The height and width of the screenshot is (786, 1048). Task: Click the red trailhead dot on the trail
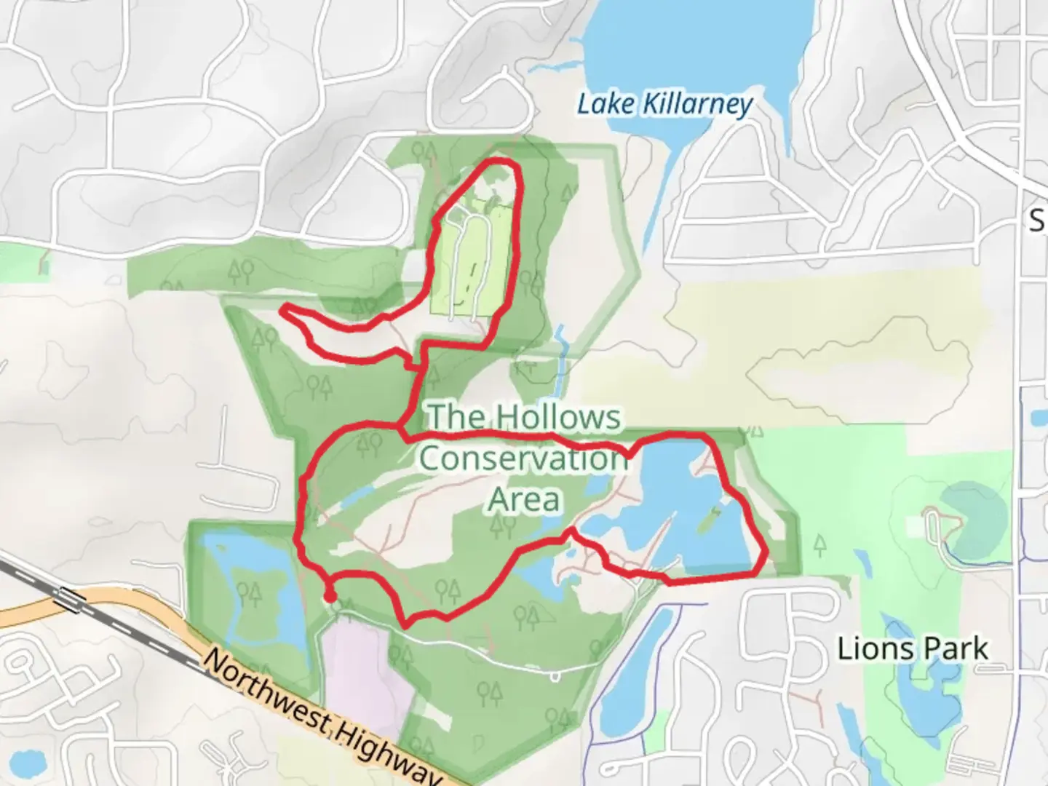[330, 597]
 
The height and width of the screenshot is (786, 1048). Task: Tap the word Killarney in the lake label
[696, 104]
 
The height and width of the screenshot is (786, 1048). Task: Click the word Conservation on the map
[523, 458]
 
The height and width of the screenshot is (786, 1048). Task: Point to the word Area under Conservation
[524, 499]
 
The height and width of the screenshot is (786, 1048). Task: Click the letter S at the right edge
[1038, 219]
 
